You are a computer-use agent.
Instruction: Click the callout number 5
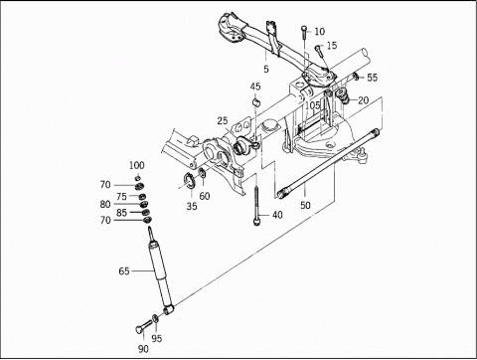click(x=266, y=69)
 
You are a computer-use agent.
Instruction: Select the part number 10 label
click(x=332, y=32)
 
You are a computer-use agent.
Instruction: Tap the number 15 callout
click(x=332, y=47)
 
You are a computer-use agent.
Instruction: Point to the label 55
click(x=373, y=77)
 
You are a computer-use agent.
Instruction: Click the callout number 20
click(x=364, y=99)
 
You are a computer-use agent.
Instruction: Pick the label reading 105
click(x=313, y=105)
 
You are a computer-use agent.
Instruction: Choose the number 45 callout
click(x=255, y=87)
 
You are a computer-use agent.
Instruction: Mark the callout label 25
click(x=224, y=121)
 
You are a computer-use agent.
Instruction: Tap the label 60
click(x=204, y=197)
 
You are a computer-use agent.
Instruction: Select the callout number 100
click(x=136, y=164)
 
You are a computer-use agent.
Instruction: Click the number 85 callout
click(x=121, y=211)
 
